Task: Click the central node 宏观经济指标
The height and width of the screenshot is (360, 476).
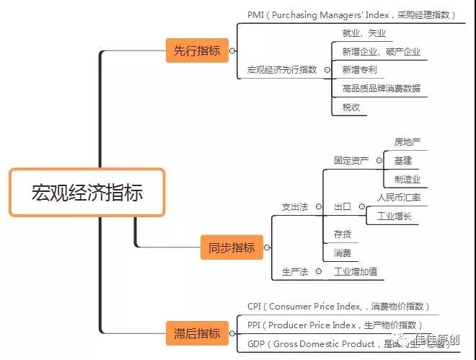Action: tap(87, 193)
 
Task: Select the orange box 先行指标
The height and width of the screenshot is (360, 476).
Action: tap(196, 51)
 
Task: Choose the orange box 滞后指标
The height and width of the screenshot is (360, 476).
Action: tap(196, 333)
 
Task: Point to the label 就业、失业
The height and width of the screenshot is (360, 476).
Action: tap(364, 33)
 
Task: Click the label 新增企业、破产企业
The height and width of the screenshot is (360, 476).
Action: tap(382, 52)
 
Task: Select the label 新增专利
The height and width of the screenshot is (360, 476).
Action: tap(359, 70)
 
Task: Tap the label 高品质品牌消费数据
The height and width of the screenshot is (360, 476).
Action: tap(382, 89)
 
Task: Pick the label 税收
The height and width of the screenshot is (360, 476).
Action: tap(351, 107)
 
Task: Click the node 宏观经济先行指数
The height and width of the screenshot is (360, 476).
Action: tap(282, 70)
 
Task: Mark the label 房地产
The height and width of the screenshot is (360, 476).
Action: tap(407, 141)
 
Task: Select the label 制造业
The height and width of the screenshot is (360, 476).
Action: tap(407, 179)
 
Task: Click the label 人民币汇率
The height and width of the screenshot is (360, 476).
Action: tap(399, 197)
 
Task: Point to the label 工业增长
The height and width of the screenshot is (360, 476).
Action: tap(394, 216)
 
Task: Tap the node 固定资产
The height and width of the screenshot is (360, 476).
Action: tap(351, 160)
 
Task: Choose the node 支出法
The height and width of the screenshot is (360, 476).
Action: tap(294, 207)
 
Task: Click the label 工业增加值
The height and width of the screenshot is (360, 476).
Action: tap(355, 272)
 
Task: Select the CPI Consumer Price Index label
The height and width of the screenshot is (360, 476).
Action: tap(338, 307)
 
